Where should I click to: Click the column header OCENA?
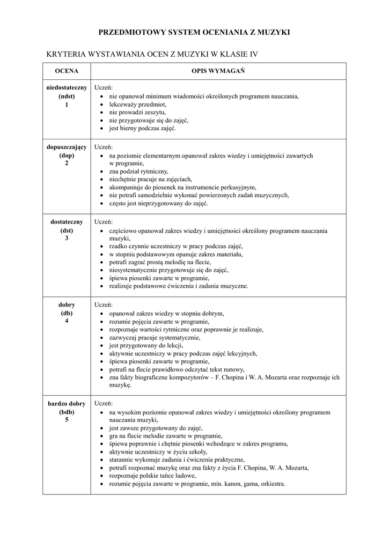pos(67,71)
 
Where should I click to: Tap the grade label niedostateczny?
pos(67,87)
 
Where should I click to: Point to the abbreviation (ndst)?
pos(67,96)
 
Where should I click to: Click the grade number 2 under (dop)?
pos(67,163)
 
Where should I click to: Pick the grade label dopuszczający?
pos(67,147)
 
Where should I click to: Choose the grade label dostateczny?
pos(67,221)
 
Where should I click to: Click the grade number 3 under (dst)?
pos(67,238)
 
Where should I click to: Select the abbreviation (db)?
pos(67,313)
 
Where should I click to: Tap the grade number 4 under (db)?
pos(67,321)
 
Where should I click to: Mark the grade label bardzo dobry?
pos(67,404)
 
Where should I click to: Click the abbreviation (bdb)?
pos(67,412)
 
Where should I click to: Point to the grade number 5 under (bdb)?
pos(67,420)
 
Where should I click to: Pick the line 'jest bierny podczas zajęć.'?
pos(142,129)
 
